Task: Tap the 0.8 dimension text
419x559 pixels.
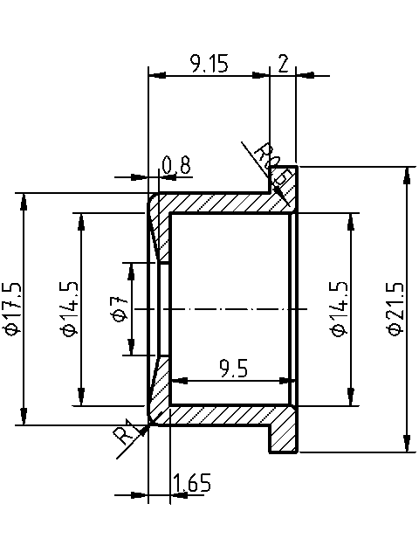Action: (x=176, y=164)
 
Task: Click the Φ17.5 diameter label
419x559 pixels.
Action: (x=12, y=308)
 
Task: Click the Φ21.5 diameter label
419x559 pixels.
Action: (x=395, y=308)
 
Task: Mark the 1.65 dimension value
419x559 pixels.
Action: (x=190, y=483)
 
